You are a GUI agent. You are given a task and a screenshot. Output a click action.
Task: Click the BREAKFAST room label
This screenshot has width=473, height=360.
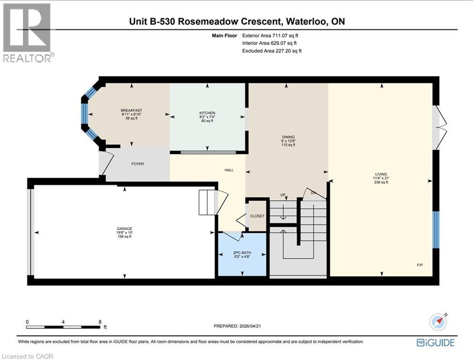click(x=131, y=111)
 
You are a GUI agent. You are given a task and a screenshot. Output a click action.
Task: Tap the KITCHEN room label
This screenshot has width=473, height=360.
click(x=207, y=113)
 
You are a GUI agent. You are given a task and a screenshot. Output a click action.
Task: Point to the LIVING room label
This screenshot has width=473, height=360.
click(x=381, y=174)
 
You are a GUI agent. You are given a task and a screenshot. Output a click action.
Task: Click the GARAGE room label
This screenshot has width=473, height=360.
click(x=124, y=229)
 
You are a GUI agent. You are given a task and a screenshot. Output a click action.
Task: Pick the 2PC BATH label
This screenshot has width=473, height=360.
click(x=242, y=253)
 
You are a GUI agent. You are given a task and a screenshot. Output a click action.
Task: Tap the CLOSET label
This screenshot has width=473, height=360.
click(x=257, y=216)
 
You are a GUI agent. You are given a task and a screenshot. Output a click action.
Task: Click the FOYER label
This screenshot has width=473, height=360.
click(x=137, y=164)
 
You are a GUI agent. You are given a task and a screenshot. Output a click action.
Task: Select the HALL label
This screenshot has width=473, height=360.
click(x=229, y=170)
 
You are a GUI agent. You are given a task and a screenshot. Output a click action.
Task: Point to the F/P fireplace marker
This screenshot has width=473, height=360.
click(x=420, y=265)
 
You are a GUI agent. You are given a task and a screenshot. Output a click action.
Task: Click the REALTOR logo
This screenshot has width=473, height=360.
click(x=27, y=32)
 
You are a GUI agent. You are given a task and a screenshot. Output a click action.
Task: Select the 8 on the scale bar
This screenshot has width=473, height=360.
click(x=100, y=322)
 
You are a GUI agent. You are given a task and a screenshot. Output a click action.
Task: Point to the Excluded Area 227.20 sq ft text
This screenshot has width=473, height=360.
click(x=272, y=51)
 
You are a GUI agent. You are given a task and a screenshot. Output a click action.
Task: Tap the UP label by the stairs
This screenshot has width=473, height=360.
click(x=283, y=195)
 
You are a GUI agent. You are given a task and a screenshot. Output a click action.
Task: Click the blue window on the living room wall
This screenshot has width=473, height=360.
click(x=435, y=229)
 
